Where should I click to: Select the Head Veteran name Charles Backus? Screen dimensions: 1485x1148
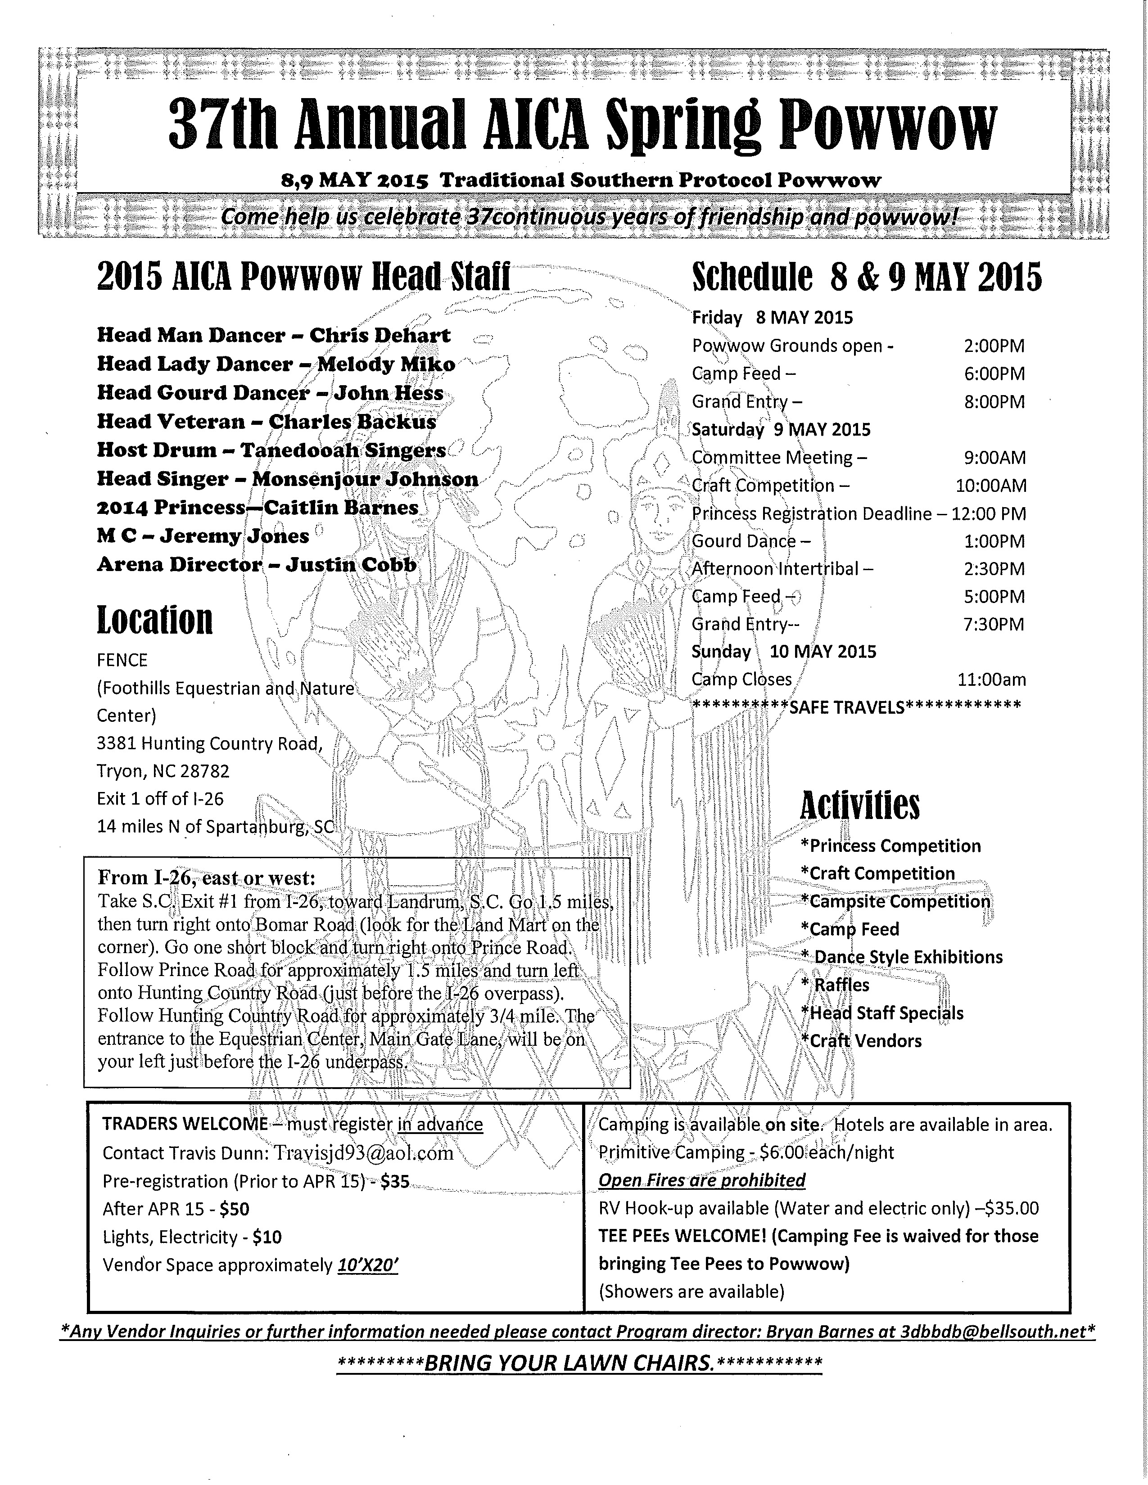point(353,422)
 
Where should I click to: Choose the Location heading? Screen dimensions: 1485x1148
point(155,620)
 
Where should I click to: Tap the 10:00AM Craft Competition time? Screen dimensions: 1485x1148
point(991,486)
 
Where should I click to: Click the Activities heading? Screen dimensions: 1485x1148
point(859,806)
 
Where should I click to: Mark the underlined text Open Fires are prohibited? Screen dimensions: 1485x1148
point(702,1180)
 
